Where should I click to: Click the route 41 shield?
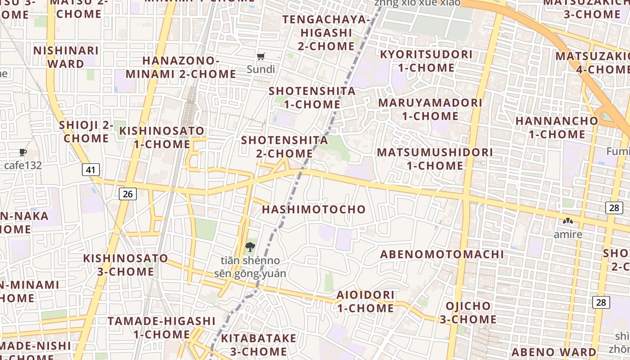point(91,170)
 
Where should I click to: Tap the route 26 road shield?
point(128,194)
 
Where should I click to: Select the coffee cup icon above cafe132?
point(23,153)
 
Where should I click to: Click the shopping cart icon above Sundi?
point(261,57)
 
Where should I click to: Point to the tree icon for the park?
point(250,247)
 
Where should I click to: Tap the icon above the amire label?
point(567,221)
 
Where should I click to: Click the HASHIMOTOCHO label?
point(314,209)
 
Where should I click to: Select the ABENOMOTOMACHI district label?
point(442,254)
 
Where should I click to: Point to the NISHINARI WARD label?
point(66,57)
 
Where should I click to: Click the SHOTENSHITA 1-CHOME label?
point(312,98)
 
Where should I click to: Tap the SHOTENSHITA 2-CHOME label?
point(284,147)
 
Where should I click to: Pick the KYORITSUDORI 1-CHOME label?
point(426,61)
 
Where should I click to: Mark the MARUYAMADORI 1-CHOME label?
point(430,109)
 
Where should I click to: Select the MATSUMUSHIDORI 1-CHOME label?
point(435,159)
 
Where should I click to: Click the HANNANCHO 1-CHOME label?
point(557,127)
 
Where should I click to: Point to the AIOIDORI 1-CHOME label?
point(365,301)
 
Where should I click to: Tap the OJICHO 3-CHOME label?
point(468,313)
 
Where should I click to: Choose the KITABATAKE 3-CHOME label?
point(258,345)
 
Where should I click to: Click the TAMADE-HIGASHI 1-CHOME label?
point(162,328)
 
